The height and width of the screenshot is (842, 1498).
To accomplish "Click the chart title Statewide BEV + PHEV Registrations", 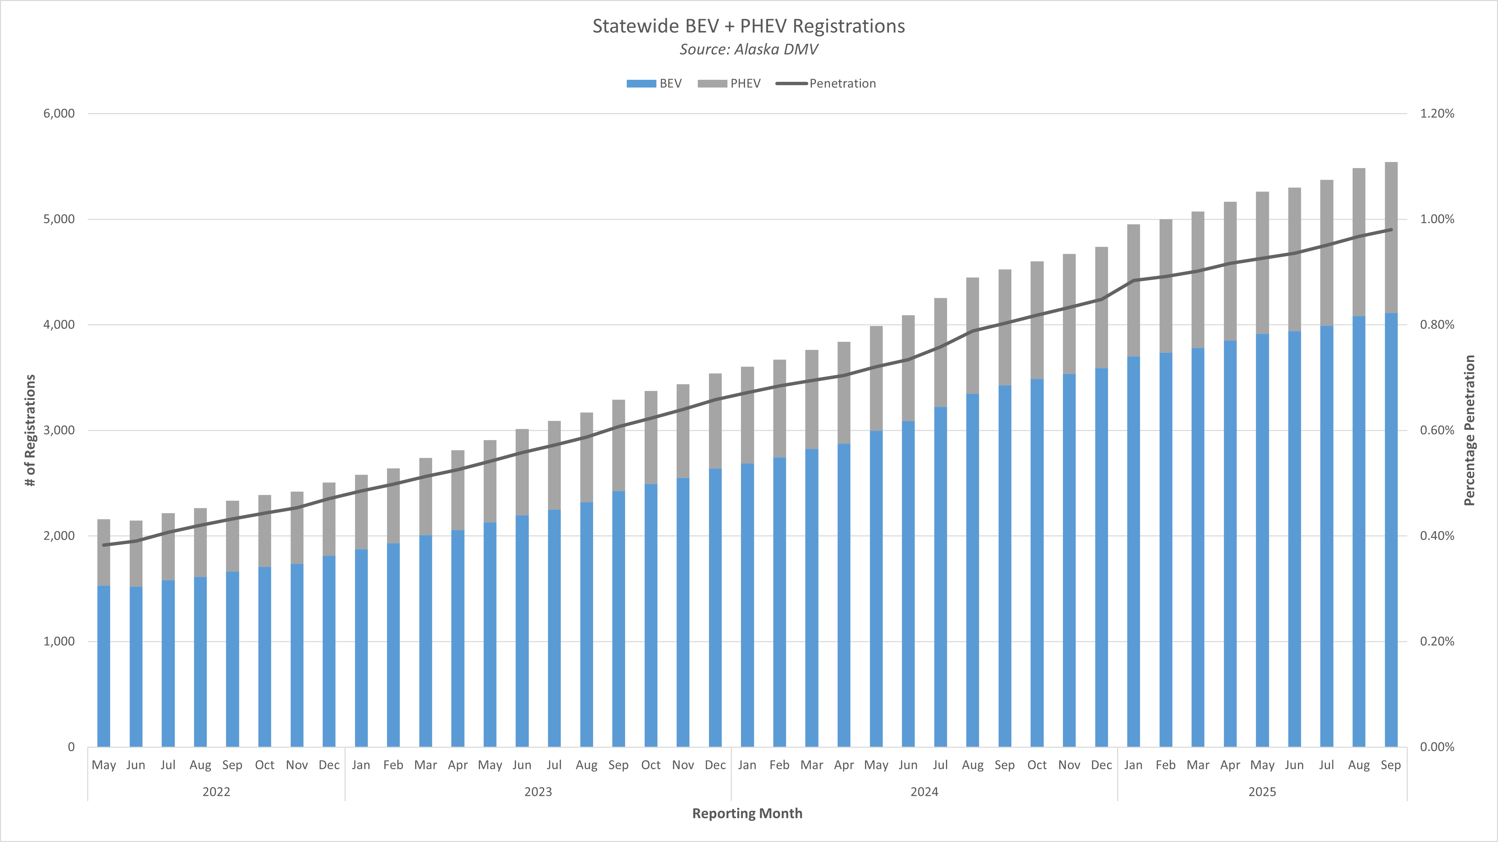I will pos(748,26).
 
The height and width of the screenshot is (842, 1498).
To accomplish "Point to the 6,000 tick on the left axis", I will pos(59,113).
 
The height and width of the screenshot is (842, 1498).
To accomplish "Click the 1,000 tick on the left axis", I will pos(59,641).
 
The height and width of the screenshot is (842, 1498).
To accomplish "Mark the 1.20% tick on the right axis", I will pos(1437,113).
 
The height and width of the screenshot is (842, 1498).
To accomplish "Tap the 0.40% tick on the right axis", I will pos(1437,536).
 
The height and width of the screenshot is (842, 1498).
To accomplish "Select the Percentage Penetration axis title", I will pos(1469,430).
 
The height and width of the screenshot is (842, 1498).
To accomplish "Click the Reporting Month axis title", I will pos(747,813).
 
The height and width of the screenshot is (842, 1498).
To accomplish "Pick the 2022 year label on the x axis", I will pos(216,792).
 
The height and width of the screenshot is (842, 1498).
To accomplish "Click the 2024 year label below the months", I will pos(924,792).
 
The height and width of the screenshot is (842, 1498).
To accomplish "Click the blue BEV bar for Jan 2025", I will pos(1133,552).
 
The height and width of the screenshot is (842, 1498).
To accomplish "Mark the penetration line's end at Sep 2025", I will pos(1391,230).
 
